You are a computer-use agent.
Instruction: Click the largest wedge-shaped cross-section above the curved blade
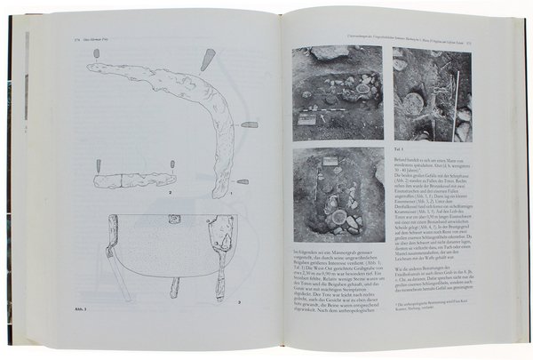(x=209, y=59)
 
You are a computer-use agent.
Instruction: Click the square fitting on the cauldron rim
(x=174, y=219)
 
